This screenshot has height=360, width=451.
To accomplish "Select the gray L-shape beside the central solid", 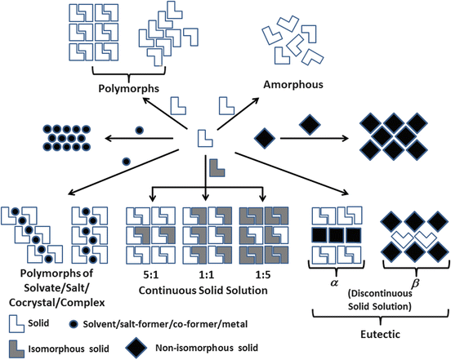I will [x=217, y=167].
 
